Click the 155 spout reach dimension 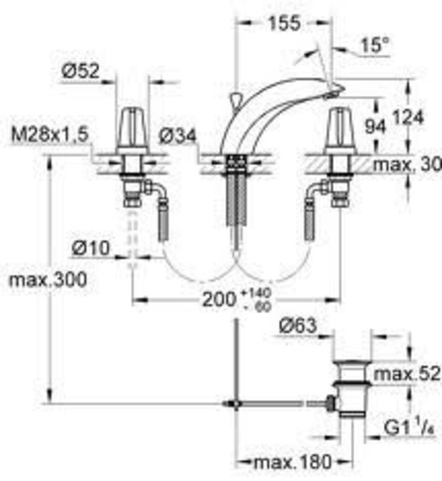[284, 23]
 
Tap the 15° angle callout [375, 45]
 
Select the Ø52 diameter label [81, 70]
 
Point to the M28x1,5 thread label [50, 134]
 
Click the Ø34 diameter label [178, 135]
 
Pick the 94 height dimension [375, 126]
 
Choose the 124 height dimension [408, 117]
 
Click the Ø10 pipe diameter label [91, 248]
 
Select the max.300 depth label [48, 280]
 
